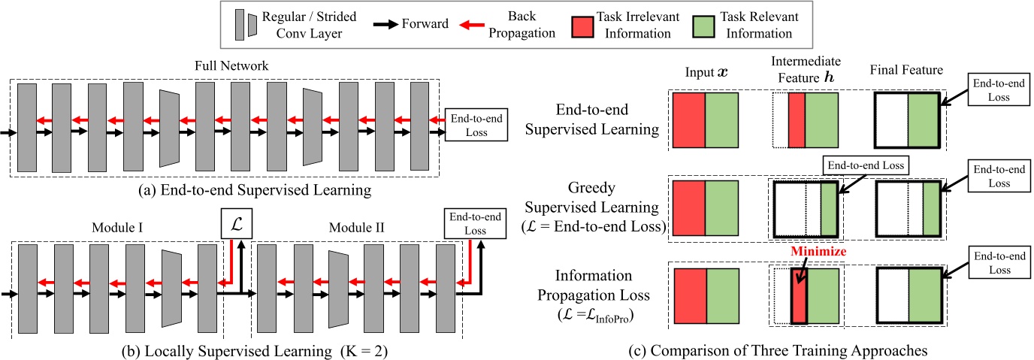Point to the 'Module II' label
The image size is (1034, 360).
(354, 225)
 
